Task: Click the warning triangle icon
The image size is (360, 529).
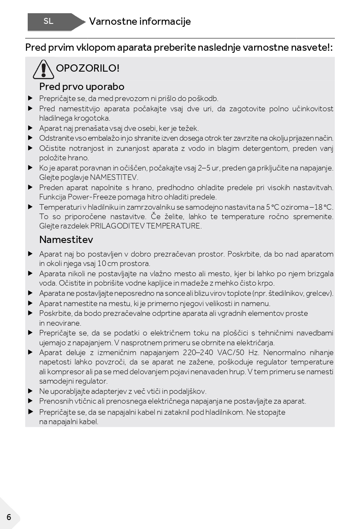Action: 43,69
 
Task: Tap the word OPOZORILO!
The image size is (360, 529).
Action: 88,68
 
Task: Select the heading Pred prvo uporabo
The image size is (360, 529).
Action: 82,87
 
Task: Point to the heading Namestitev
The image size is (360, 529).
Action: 66,240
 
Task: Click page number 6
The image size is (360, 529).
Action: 9,517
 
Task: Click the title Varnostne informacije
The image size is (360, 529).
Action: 140,21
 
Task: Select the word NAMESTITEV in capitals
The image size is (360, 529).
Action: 114,177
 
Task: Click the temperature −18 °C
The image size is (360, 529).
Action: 322,207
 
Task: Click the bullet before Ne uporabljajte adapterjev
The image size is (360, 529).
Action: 30,391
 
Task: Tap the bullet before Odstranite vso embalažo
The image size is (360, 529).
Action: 30,138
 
